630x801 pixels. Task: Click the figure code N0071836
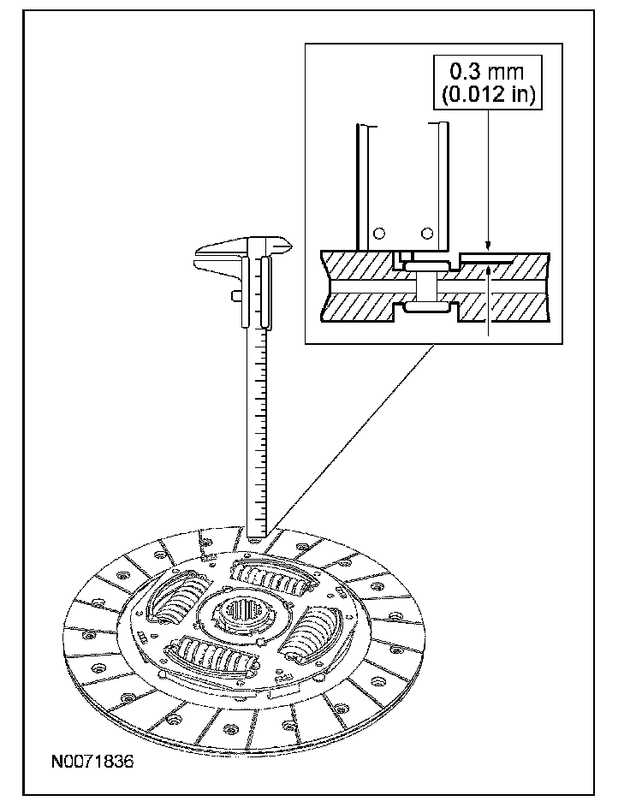tap(90, 760)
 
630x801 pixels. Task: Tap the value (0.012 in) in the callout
tap(485, 93)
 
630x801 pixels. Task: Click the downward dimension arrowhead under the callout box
tap(487, 246)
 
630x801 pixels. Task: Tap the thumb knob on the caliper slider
tap(235, 295)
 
